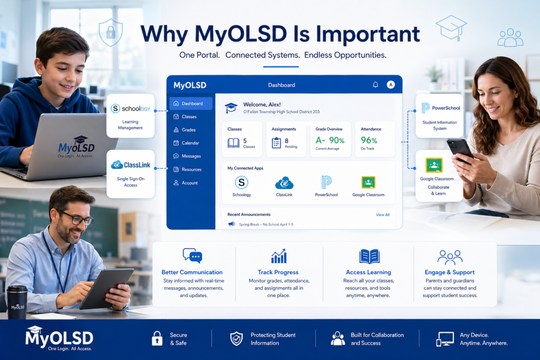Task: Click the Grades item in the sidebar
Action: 188,130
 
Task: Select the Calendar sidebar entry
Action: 190,143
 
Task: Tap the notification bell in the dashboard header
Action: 375,84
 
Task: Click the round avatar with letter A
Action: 391,84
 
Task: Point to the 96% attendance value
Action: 369,140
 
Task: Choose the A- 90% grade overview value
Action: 330,140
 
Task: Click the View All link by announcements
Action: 382,215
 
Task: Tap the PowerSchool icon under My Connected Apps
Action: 326,182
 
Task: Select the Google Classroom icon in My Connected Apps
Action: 368,182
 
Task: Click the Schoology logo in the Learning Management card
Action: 130,109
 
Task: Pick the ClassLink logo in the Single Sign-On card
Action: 131,165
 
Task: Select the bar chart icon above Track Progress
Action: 279,256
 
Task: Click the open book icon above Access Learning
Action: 369,256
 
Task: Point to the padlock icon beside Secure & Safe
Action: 157,338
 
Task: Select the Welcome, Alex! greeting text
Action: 262,105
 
